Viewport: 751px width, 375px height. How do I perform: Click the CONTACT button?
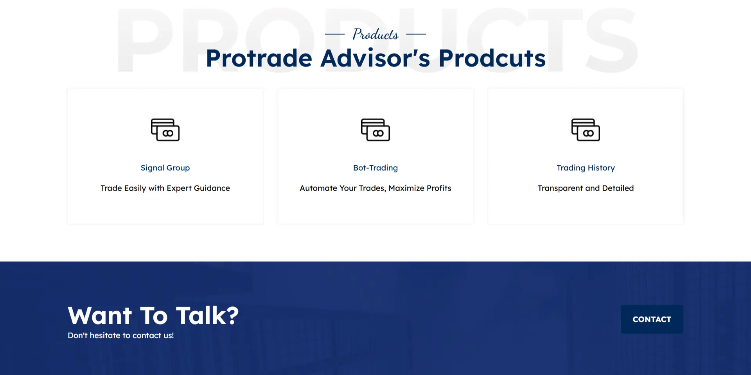tap(652, 319)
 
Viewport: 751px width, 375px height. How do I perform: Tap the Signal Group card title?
tap(165, 168)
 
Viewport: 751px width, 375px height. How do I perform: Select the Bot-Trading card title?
tap(375, 168)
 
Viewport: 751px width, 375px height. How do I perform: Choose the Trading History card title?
tap(586, 168)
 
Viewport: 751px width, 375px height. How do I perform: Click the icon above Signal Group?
tap(165, 130)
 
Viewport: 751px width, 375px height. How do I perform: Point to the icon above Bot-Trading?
tap(375, 130)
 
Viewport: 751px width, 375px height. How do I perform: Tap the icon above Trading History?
tap(586, 130)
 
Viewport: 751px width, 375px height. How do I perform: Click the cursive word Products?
tap(375, 34)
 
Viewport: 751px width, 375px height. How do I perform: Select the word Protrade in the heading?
tap(259, 58)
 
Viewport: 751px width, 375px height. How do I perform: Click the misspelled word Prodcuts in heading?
tap(492, 58)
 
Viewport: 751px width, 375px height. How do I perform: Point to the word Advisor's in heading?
tap(375, 58)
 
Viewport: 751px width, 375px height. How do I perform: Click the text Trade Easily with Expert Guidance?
tap(165, 188)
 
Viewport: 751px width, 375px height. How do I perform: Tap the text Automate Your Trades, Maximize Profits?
tap(375, 188)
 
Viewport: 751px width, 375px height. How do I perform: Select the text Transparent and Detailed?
tap(586, 188)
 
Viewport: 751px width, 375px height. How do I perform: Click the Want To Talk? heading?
tap(153, 315)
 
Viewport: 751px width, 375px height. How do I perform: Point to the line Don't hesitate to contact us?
tap(120, 336)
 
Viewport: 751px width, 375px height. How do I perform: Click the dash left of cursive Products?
tap(335, 34)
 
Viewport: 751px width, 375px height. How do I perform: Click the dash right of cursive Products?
tap(416, 34)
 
